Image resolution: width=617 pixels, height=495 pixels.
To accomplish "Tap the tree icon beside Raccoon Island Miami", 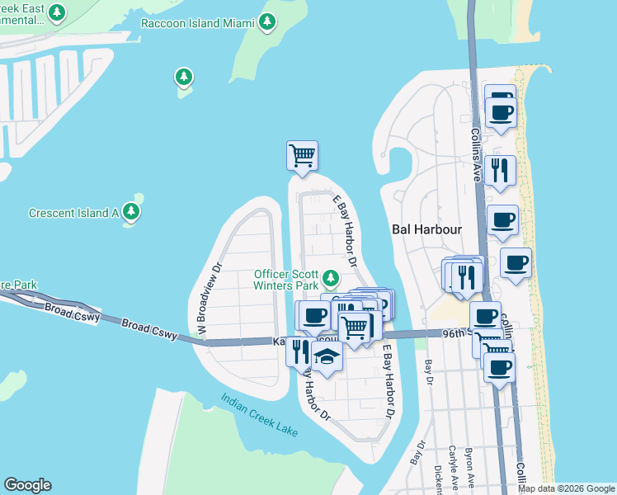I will [267, 22].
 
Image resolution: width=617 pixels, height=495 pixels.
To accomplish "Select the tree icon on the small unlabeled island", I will [183, 78].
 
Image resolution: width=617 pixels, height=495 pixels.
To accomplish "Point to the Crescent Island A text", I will [74, 213].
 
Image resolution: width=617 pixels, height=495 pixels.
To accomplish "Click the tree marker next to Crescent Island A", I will [131, 212].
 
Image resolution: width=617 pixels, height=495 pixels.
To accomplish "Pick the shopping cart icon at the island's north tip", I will [302, 154].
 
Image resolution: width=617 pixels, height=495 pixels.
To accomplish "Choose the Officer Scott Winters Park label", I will [286, 280].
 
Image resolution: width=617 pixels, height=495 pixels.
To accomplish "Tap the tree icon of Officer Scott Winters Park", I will [331, 277].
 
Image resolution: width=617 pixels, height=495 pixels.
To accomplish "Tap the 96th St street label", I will [454, 332].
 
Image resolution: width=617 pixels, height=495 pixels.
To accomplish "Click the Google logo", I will [27, 485].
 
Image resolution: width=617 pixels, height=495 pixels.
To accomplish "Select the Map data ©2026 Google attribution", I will [565, 488].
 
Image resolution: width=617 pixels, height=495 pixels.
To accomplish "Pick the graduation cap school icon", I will [327, 357].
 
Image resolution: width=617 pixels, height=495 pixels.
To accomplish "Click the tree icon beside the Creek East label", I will [57, 12].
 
